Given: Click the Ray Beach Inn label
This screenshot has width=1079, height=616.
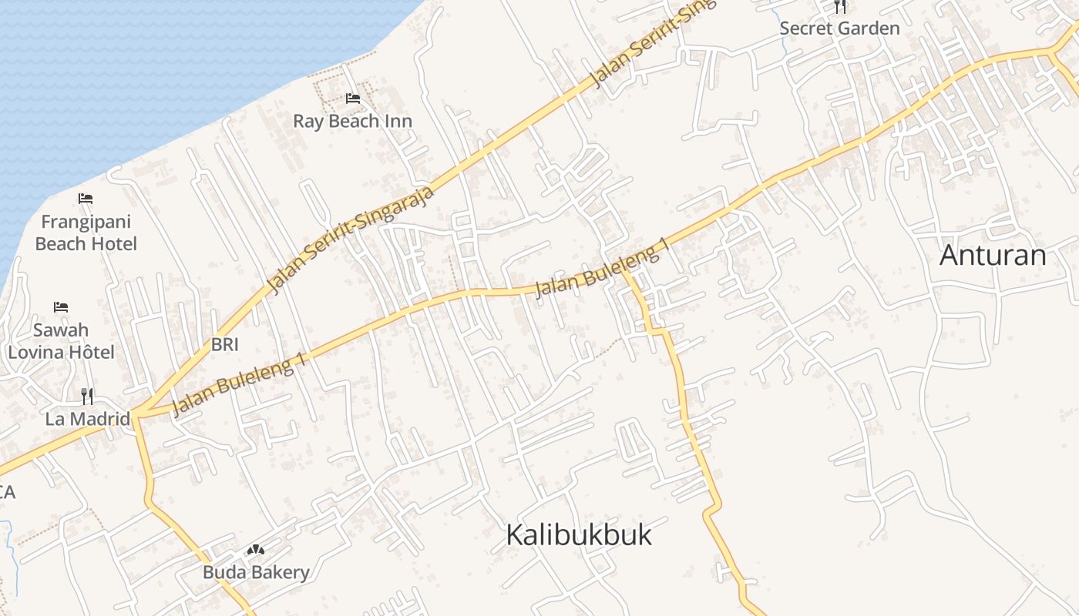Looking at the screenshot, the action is tap(352, 121).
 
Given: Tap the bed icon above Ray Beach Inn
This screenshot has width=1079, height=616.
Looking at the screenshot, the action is tap(353, 99).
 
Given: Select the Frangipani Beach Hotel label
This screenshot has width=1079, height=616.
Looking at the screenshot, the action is tap(86, 233).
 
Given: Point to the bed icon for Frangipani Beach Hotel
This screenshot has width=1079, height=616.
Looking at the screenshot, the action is tap(86, 199).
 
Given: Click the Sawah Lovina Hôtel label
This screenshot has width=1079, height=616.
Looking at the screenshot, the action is tap(61, 341).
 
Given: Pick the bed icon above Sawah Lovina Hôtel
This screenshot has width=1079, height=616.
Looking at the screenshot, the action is tap(61, 307).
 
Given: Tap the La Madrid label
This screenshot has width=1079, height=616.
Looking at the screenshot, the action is tap(87, 419).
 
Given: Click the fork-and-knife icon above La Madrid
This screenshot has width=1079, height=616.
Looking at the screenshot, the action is tap(87, 397).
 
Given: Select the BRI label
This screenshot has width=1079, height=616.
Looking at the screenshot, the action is tap(224, 344).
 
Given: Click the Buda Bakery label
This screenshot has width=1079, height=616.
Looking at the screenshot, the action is tap(256, 572).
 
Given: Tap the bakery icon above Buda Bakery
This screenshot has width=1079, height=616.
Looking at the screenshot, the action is tap(255, 550).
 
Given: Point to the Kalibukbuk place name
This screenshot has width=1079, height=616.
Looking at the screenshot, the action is tap(579, 534).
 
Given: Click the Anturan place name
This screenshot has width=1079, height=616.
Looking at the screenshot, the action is tap(993, 255).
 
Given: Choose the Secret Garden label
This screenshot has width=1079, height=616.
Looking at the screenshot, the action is tap(839, 28).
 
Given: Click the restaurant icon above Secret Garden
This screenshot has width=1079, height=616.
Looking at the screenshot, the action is tap(840, 7).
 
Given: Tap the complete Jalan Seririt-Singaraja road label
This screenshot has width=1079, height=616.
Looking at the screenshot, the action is tap(351, 239).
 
